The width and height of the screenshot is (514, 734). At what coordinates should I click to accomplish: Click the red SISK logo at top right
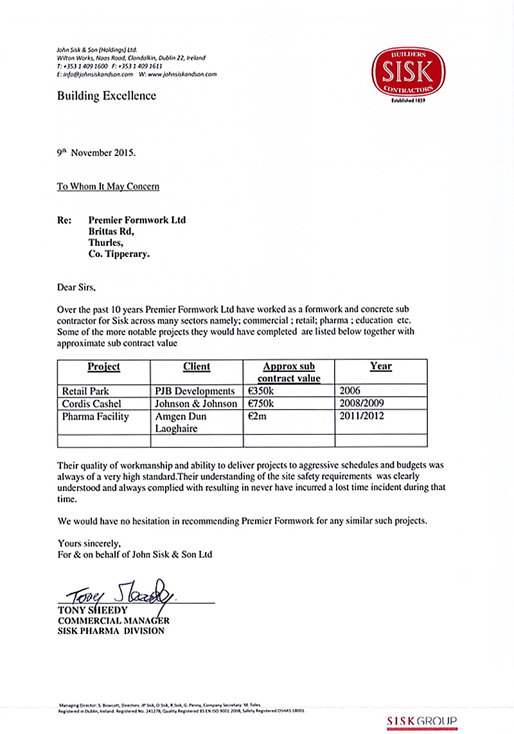pyautogui.click(x=409, y=74)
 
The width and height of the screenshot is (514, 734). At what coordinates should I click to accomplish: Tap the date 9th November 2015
pyautogui.click(x=96, y=153)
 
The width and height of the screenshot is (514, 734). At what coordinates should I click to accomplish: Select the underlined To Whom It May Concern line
pyautogui.click(x=108, y=187)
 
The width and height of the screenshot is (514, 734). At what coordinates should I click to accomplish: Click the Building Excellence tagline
pyautogui.click(x=106, y=96)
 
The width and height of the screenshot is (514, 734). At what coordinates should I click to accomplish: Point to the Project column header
pyautogui.click(x=103, y=367)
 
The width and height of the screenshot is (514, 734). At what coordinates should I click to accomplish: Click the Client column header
pyautogui.click(x=196, y=367)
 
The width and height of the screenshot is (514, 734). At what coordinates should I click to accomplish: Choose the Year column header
pyautogui.click(x=380, y=366)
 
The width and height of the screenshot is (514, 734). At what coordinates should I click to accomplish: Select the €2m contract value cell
pyautogui.click(x=257, y=417)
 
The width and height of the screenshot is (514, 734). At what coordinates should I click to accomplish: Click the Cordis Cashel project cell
pyautogui.click(x=92, y=404)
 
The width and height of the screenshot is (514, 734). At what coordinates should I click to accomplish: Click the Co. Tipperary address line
pyautogui.click(x=119, y=254)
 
